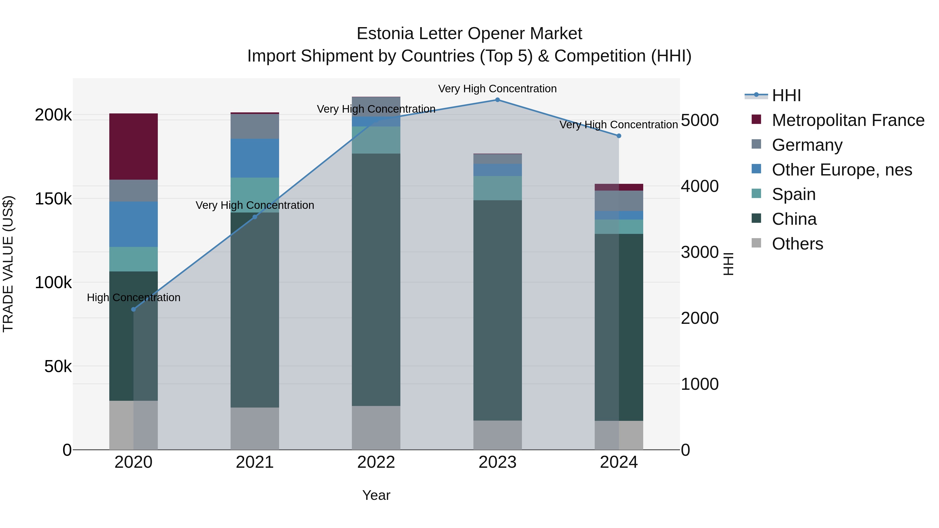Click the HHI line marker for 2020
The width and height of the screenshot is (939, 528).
[133, 309]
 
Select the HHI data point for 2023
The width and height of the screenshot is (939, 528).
[497, 100]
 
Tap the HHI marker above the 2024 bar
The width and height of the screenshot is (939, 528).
[619, 136]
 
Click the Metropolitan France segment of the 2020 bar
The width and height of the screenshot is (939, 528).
[133, 147]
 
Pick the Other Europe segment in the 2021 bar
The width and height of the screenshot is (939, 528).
[255, 158]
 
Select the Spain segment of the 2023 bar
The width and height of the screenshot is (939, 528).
[497, 188]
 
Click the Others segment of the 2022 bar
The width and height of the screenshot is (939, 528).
[376, 428]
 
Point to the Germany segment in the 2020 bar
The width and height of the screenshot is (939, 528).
[133, 191]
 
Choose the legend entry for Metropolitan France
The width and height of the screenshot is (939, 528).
[848, 120]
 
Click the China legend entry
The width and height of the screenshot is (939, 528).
[794, 219]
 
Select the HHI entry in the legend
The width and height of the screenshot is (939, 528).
[786, 95]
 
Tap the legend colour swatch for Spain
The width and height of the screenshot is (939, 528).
[756, 194]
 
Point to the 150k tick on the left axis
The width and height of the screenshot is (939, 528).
[53, 199]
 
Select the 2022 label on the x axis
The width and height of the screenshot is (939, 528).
[376, 462]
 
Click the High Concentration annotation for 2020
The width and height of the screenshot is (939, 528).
[133, 298]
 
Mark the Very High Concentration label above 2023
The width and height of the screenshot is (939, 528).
[497, 89]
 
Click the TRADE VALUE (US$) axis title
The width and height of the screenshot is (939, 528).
[8, 264]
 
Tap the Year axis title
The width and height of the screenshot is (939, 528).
[376, 495]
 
